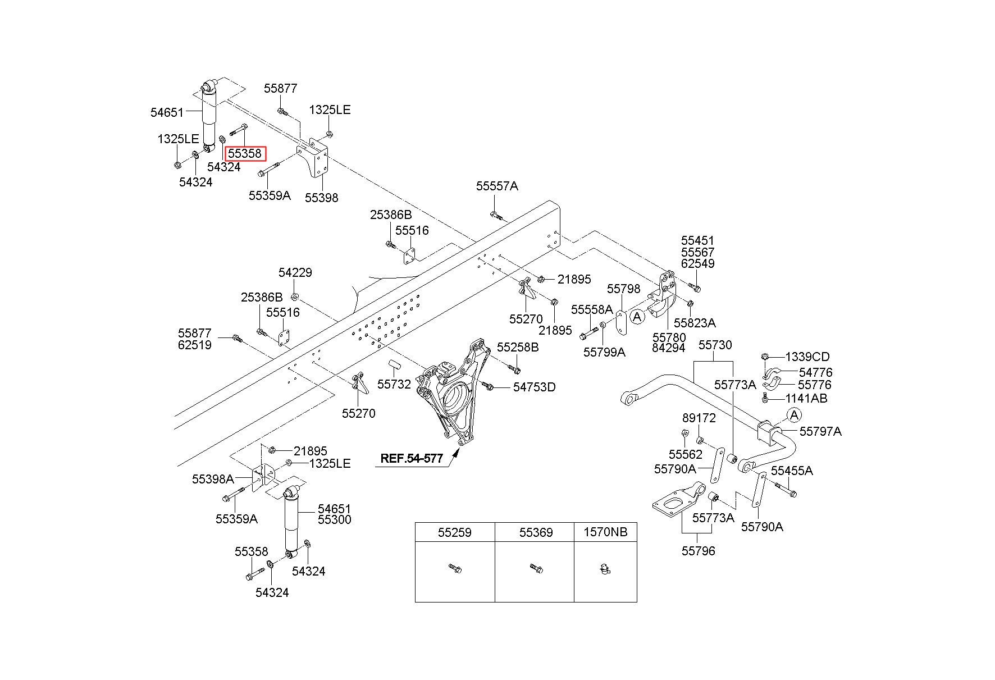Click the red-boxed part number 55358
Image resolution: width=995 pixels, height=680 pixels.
(244, 153)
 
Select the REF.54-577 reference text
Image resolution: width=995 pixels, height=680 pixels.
(412, 458)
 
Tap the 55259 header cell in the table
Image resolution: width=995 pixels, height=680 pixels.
(455, 532)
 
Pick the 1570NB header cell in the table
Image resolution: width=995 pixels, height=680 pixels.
(605, 532)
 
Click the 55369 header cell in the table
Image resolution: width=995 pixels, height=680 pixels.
(535, 532)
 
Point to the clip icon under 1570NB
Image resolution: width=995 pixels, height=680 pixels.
(605, 569)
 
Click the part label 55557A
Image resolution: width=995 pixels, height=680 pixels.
(497, 186)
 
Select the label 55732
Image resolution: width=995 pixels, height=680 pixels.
(394, 385)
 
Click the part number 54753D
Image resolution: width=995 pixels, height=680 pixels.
(534, 387)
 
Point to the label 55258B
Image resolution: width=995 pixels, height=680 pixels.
(518, 348)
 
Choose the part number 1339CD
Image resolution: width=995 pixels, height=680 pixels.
(807, 357)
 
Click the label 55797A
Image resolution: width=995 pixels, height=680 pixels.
(820, 431)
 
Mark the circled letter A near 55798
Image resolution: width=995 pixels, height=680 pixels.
(637, 317)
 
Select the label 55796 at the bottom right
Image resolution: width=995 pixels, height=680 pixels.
(699, 551)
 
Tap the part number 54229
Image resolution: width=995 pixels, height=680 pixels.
(295, 272)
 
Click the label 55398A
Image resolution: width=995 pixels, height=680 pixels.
(213, 479)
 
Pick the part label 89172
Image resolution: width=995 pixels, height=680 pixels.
(699, 418)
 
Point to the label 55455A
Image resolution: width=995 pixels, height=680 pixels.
(792, 471)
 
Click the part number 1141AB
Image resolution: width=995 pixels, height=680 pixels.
(806, 398)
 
